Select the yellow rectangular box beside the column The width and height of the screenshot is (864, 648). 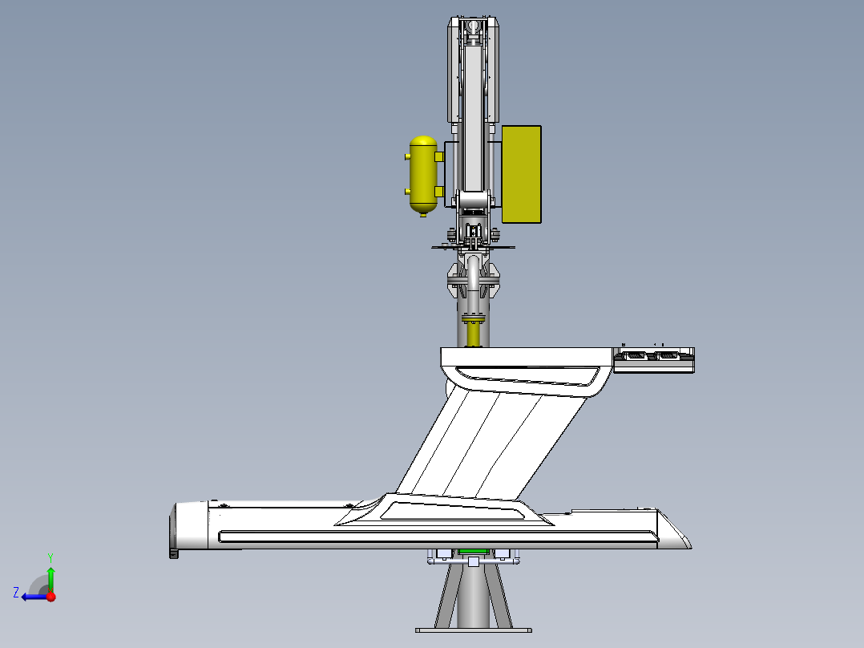tap(521, 174)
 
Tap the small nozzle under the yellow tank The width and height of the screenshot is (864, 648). tap(423, 214)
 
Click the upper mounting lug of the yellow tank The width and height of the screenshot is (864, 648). tap(439, 156)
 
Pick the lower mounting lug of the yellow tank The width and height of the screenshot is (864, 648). tap(439, 190)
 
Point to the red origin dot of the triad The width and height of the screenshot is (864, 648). tap(50, 597)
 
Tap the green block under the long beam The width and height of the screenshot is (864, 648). tap(473, 552)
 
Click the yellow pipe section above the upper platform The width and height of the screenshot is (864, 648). tap(473, 331)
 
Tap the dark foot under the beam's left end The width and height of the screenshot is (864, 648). tap(172, 553)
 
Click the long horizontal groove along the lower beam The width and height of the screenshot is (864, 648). tap(433, 536)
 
